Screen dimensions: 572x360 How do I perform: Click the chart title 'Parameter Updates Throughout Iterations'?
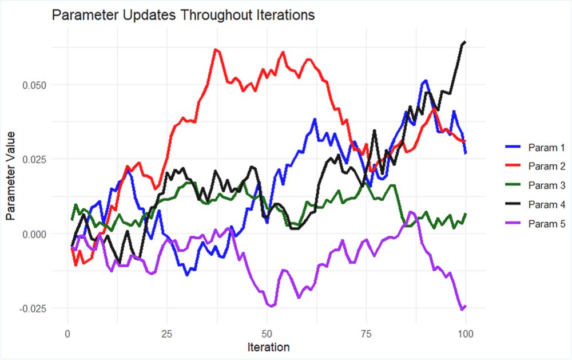183,15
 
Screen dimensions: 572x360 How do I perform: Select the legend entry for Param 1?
535,148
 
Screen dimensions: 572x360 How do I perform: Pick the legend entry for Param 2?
535,166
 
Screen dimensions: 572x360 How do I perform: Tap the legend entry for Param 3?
535,185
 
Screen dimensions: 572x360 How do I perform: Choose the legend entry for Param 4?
535,204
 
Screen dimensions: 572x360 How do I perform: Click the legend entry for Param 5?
535,223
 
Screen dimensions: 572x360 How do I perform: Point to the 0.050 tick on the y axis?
34,85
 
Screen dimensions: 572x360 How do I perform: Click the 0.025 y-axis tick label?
34,160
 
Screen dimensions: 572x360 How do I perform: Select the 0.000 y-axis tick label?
34,234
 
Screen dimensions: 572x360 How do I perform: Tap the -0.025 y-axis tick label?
33,308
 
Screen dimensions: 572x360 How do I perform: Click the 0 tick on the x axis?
68,334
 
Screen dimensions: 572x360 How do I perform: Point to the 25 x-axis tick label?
167,334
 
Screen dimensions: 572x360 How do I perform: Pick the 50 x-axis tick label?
267,334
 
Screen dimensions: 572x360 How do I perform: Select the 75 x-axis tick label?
366,334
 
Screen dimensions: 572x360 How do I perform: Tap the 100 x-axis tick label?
466,334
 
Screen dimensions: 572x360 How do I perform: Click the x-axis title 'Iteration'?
268,347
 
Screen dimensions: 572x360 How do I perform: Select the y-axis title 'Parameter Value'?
10,176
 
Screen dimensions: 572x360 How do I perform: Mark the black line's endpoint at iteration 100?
466,42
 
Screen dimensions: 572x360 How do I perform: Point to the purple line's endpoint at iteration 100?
466,307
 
